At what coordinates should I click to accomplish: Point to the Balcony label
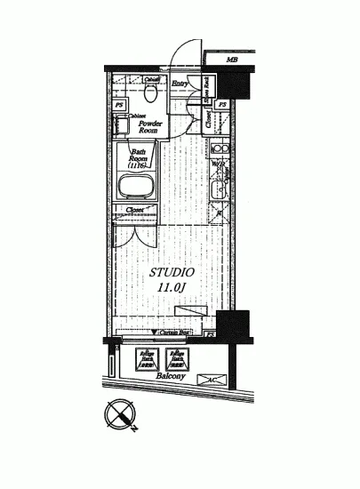tap(172, 377)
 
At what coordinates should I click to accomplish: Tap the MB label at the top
tap(232, 60)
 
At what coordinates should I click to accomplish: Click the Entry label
tap(180, 84)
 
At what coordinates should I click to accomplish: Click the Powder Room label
tap(142, 125)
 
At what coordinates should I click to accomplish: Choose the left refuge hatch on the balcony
tap(147, 358)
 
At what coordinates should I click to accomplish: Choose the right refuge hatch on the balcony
tap(176, 358)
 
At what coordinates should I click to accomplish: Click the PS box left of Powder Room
tap(119, 106)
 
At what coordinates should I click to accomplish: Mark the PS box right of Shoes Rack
tap(222, 105)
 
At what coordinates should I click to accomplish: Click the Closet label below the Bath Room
tap(135, 211)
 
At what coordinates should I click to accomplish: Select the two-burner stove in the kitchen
tap(221, 149)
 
